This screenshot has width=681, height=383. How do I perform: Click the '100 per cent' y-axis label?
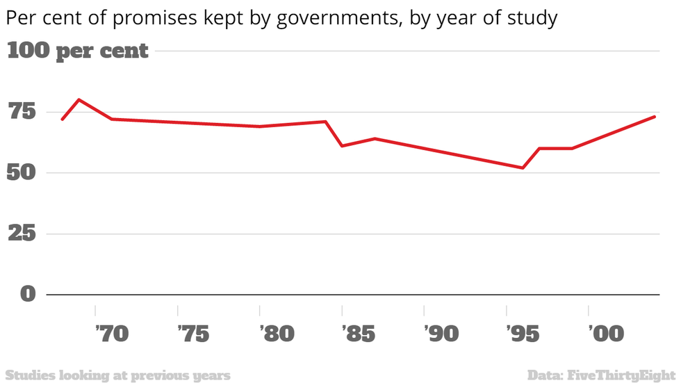click(x=78, y=51)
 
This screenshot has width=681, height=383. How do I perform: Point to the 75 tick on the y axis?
click(x=22, y=112)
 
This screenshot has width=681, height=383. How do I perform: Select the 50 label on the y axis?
click(x=22, y=173)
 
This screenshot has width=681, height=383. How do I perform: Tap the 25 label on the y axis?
click(x=22, y=234)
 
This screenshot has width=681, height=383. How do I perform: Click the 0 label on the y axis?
click(x=28, y=294)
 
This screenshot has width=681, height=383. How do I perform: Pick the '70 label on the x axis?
click(x=112, y=334)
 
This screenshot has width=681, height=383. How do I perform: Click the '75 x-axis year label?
click(x=194, y=334)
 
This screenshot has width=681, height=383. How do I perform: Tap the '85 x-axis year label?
click(x=359, y=334)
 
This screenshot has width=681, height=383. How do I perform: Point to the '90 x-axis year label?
click(x=441, y=334)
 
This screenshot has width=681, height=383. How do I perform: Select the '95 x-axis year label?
click(x=523, y=334)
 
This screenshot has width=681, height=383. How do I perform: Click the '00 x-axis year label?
click(x=606, y=334)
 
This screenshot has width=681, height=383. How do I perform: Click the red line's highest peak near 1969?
click(x=79, y=99)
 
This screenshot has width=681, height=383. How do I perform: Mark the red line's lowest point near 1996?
click(x=523, y=168)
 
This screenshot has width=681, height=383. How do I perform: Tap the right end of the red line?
click(x=655, y=117)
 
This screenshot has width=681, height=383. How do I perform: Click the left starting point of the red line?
click(x=62, y=119)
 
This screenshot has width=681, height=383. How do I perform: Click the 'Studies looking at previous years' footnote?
click(x=117, y=375)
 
